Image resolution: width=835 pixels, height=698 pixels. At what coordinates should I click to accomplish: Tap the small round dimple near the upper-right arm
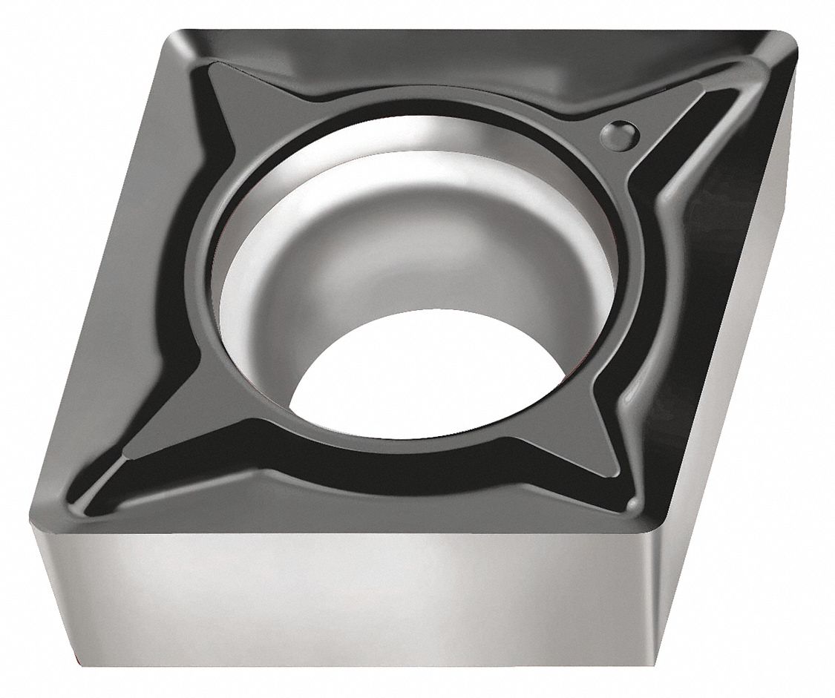pyautogui.click(x=618, y=134)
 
